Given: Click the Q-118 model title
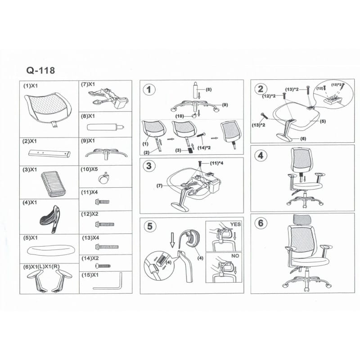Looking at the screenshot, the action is [x=40, y=70].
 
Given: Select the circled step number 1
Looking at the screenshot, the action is [x=149, y=90].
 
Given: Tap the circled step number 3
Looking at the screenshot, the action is [x=149, y=166].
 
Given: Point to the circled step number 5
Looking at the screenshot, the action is [x=150, y=226].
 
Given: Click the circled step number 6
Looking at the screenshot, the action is [x=261, y=223].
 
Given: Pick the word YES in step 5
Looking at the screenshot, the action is [x=235, y=224].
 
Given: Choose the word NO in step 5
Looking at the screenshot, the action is [x=235, y=256].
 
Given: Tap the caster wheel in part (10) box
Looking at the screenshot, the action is [x=104, y=178].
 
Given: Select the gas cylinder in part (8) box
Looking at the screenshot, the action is [x=105, y=127].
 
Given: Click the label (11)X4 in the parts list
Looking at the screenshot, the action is [x=89, y=192].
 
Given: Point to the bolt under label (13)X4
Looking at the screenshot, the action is [x=107, y=247].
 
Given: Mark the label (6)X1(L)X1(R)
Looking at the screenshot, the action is [x=41, y=266].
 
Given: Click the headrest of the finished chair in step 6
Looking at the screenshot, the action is [x=302, y=220].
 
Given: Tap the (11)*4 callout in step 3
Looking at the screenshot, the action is [x=216, y=163].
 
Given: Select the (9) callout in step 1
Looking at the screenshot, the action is [x=225, y=105].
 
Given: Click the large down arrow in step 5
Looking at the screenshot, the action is [x=172, y=240].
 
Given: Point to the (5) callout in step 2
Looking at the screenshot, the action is [x=323, y=121].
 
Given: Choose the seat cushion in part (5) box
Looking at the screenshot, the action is [x=51, y=251].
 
